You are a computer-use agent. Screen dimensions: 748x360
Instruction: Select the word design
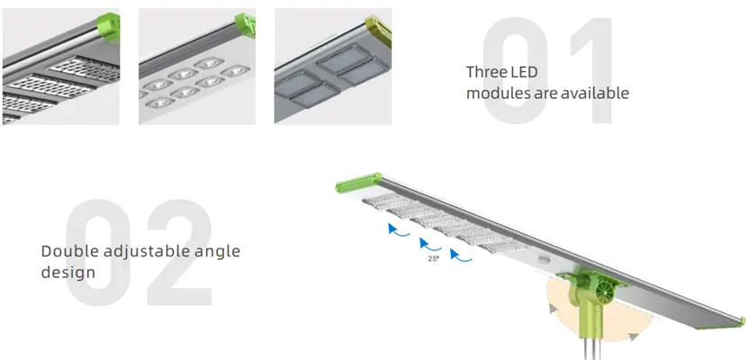(x=68, y=273)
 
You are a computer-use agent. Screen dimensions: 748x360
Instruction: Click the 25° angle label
(x=433, y=259)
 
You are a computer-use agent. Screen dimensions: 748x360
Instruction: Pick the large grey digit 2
(x=179, y=253)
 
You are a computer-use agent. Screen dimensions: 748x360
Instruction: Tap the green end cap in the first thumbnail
(x=109, y=28)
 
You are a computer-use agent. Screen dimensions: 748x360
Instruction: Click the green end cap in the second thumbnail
(x=245, y=25)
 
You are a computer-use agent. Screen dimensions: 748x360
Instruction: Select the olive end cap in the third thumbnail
(x=379, y=31)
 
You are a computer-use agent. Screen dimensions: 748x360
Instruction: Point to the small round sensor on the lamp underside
(x=543, y=260)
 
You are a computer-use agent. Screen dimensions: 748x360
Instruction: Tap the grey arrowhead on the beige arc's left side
(x=553, y=309)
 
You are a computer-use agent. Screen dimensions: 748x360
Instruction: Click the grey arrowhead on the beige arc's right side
(x=633, y=337)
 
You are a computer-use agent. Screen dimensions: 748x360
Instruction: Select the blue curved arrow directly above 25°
(x=430, y=245)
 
